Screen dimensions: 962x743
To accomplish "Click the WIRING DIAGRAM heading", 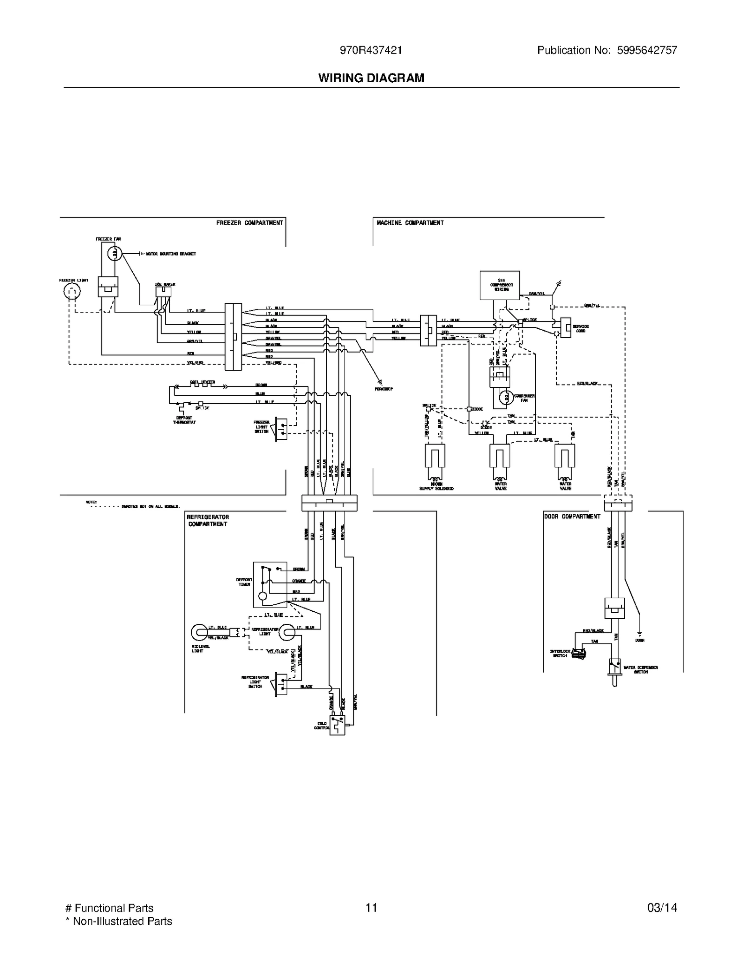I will pyautogui.click(x=371, y=78).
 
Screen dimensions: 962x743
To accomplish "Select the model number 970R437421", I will pyautogui.click(x=371, y=50).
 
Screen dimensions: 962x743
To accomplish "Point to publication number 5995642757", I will pyautogui.click(x=647, y=50).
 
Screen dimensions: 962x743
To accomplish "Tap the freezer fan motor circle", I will pyautogui.click(x=115, y=254).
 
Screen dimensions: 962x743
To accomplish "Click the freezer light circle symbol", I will pyautogui.click(x=72, y=291).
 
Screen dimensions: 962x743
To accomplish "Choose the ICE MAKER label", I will pyautogui.click(x=165, y=284).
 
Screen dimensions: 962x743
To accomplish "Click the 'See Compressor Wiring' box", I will pyautogui.click(x=500, y=285).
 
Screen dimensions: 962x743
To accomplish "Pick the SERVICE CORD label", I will pyautogui.click(x=580, y=328).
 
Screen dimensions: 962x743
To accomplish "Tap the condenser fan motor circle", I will pyautogui.click(x=506, y=398).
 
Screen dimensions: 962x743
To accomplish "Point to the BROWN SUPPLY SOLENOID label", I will pyautogui.click(x=436, y=486).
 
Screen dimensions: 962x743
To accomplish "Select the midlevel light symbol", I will pyautogui.click(x=200, y=632).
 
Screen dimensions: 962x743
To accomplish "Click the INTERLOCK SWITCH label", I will pyautogui.click(x=560, y=653).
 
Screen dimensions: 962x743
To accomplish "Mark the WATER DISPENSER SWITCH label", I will pyautogui.click(x=640, y=669).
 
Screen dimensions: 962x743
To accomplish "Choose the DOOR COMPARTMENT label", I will pyautogui.click(x=572, y=516).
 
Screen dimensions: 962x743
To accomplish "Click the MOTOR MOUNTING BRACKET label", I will pyautogui.click(x=171, y=254).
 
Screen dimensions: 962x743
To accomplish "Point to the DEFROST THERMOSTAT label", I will pyautogui.click(x=184, y=420).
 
